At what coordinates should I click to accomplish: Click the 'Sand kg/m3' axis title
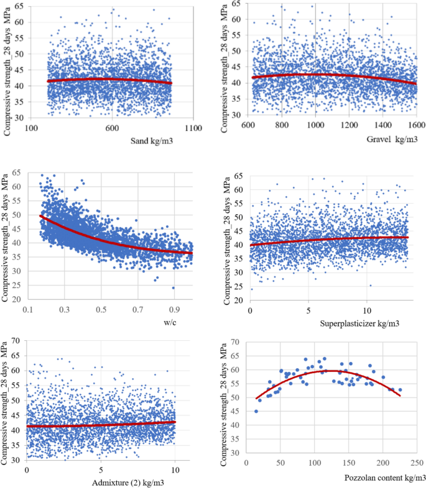tap(151, 141)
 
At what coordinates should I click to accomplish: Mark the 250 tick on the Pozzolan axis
tap(417, 464)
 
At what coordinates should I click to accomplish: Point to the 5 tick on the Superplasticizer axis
tap(308, 309)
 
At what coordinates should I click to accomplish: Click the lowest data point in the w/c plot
tap(173, 287)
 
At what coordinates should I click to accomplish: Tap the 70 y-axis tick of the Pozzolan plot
tap(235, 341)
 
